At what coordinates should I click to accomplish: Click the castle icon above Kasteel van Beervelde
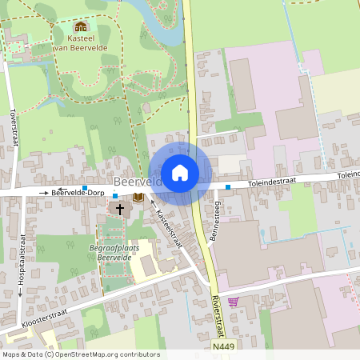point(81,27)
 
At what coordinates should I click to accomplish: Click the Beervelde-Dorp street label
point(77,193)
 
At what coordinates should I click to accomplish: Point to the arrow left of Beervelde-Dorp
point(43,193)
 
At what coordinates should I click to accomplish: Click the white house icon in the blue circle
point(180,173)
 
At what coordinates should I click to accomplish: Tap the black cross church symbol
point(121,210)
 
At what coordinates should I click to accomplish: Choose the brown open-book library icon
point(138,197)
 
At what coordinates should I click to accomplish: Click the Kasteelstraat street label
point(169,227)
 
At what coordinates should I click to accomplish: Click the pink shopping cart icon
point(233,302)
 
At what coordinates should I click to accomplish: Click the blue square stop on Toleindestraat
point(228,187)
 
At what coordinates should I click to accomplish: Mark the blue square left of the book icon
point(115,195)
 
